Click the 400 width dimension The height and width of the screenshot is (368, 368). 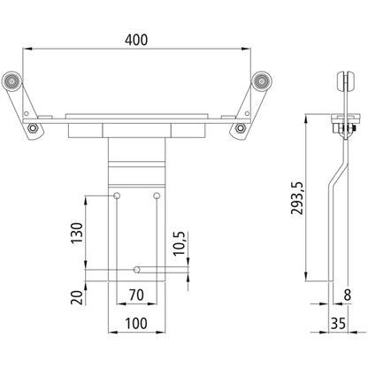(x=137, y=41)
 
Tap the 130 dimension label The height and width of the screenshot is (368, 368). (x=80, y=234)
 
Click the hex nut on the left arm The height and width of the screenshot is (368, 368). (x=33, y=129)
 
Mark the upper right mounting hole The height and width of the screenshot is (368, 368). (x=157, y=195)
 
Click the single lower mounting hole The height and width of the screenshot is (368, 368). (x=137, y=266)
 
